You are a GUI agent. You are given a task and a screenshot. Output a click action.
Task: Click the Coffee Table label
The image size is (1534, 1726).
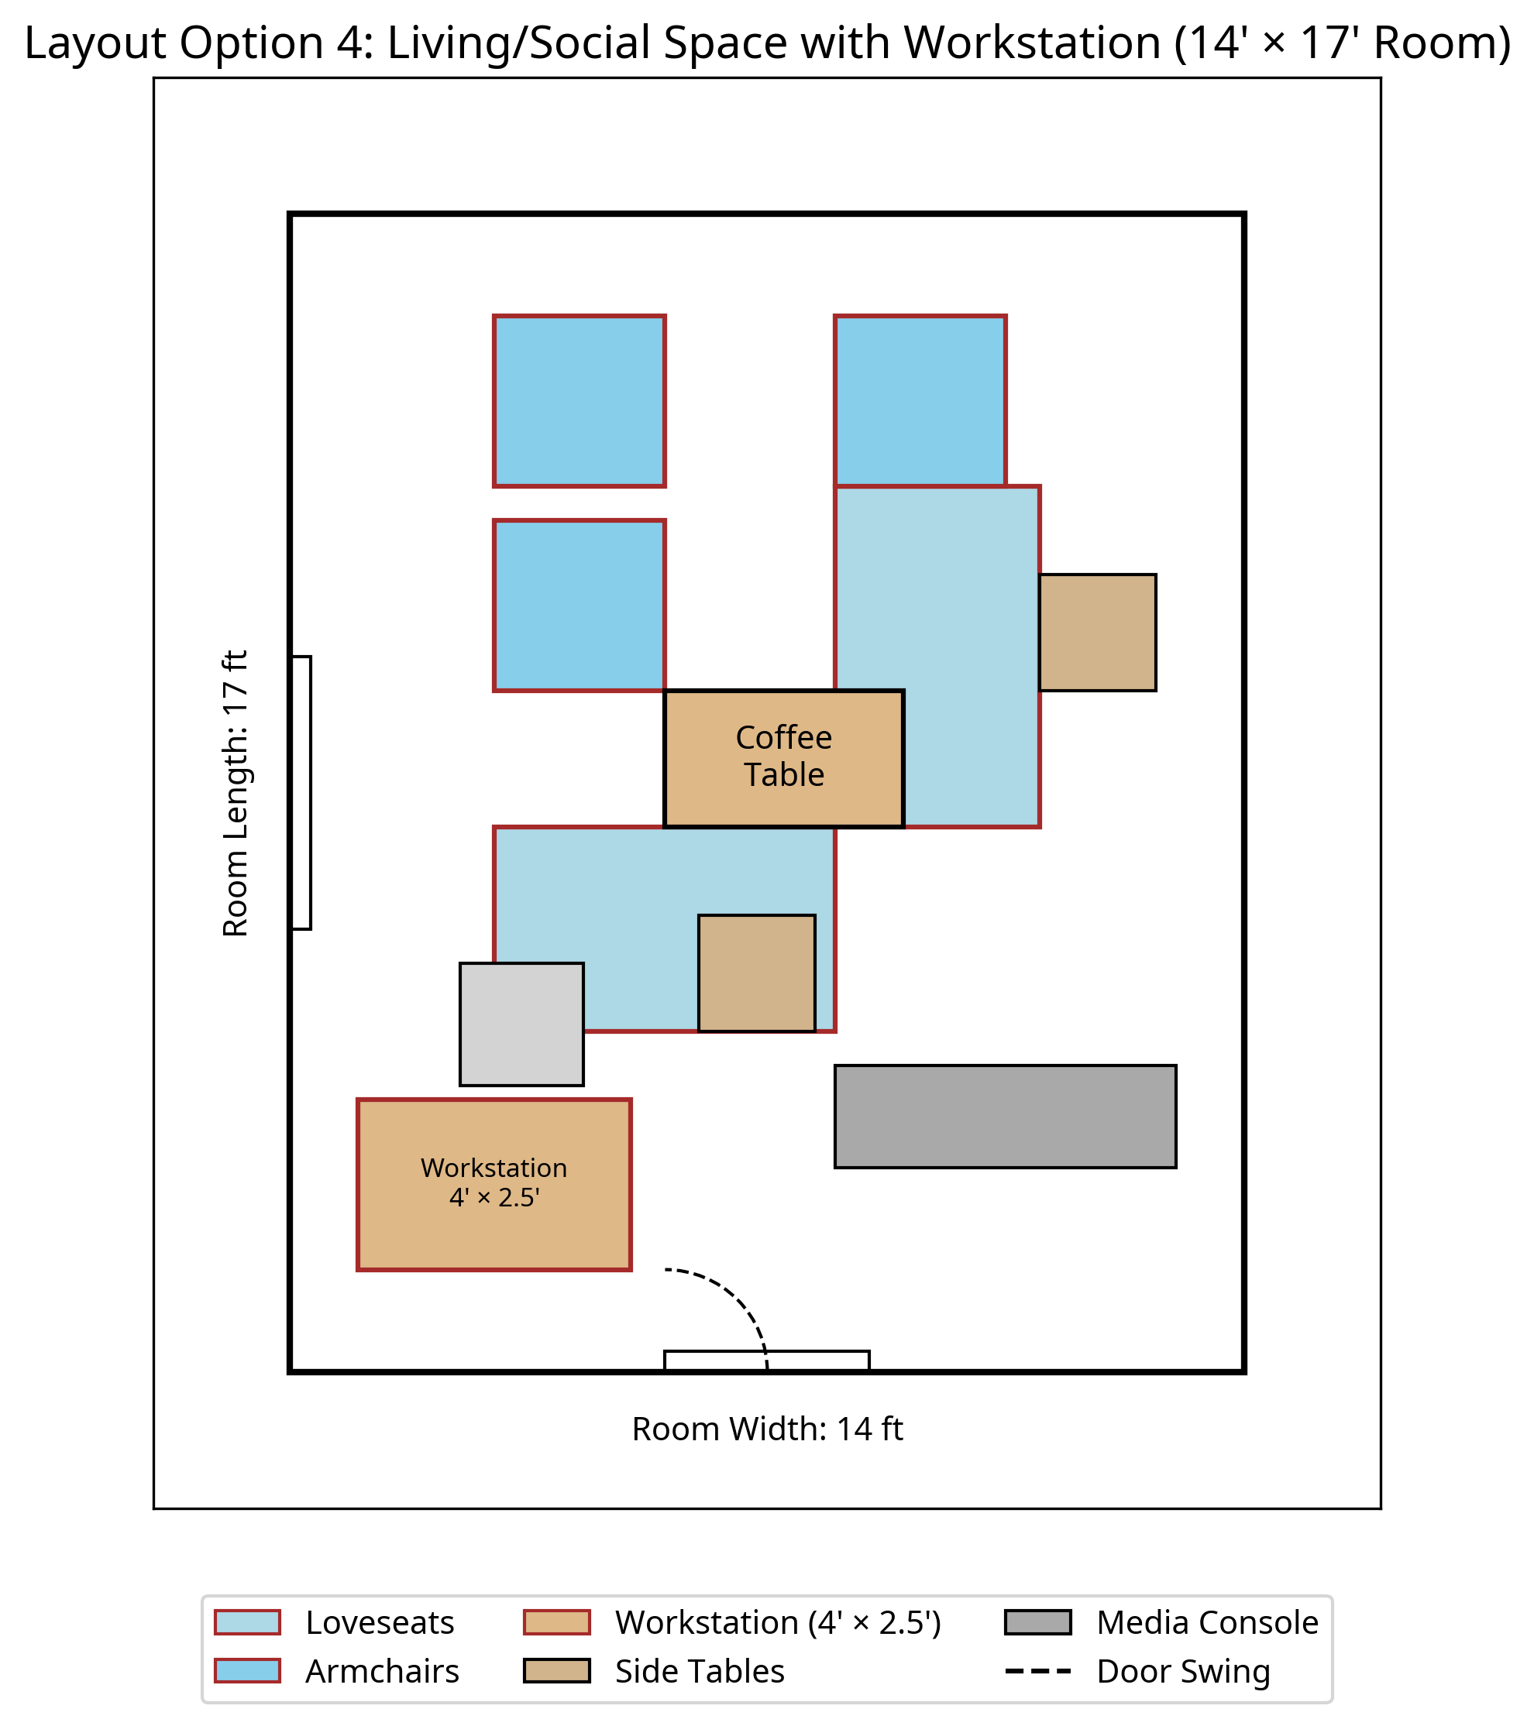pos(783,756)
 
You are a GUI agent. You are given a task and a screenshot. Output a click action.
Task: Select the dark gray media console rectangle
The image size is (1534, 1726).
pos(1004,1117)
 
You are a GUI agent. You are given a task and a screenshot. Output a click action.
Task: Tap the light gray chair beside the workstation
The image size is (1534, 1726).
pos(521,1024)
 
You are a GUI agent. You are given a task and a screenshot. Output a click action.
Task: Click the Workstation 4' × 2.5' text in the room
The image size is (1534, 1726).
pos(494,1182)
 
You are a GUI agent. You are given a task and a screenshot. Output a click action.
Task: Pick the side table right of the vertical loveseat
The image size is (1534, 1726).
pos(1096,633)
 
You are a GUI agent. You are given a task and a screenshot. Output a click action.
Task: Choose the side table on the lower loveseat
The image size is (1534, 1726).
pos(756,973)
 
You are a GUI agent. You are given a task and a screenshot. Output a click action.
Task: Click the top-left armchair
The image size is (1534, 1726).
pos(579,401)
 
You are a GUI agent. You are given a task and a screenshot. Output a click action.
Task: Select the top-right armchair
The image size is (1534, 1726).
pos(919,401)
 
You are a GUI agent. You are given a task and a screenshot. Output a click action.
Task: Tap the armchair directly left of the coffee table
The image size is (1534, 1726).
pos(579,606)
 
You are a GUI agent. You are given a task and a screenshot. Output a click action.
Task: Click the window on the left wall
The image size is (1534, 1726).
pos(301,793)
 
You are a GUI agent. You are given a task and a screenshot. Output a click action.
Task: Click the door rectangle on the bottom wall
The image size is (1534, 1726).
pos(766,1360)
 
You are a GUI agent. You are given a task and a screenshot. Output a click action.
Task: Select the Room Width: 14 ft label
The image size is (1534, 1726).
pos(767,1429)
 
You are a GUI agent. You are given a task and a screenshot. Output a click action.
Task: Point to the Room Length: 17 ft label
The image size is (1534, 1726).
pos(236,793)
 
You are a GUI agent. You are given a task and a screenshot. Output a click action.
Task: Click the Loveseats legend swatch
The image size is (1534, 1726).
pos(246,1622)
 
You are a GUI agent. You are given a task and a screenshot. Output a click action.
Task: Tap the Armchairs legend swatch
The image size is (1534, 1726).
pos(246,1670)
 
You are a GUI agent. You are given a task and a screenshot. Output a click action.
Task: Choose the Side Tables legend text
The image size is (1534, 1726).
pos(700,1671)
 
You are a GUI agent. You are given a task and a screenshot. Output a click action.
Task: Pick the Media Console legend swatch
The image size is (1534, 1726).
pos(1037,1622)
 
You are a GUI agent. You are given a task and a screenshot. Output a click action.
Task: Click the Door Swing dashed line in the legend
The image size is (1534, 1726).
pos(1037,1670)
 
